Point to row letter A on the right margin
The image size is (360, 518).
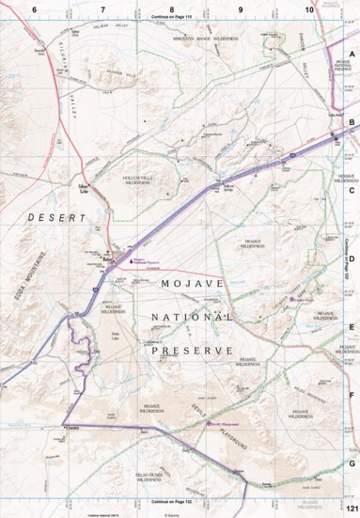tap(352, 54)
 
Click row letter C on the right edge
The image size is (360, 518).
tap(352, 190)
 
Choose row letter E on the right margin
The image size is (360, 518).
tap(352, 327)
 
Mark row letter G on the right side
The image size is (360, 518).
tap(352, 463)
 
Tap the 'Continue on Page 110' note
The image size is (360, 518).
tap(171, 17)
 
